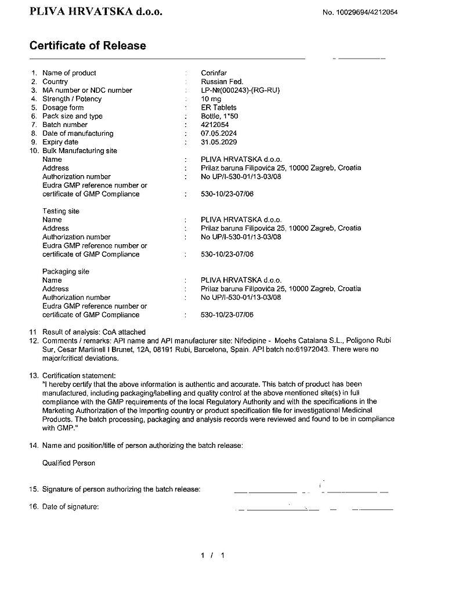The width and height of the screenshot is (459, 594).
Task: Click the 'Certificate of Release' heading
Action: [x=88, y=46]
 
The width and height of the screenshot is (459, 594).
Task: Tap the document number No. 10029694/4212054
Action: [x=360, y=12]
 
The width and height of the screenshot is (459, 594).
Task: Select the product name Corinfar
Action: [x=214, y=73]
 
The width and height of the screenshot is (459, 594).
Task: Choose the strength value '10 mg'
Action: [x=211, y=99]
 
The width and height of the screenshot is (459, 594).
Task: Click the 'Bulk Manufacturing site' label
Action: [x=79, y=151]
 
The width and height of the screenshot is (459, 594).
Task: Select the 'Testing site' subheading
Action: [x=61, y=211]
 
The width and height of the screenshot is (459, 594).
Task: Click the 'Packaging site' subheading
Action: [x=66, y=271]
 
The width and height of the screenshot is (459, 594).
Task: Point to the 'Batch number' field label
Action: [x=65, y=125]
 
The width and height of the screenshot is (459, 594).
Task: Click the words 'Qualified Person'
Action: [x=68, y=463]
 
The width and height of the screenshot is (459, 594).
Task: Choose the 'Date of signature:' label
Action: [x=70, y=506]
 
